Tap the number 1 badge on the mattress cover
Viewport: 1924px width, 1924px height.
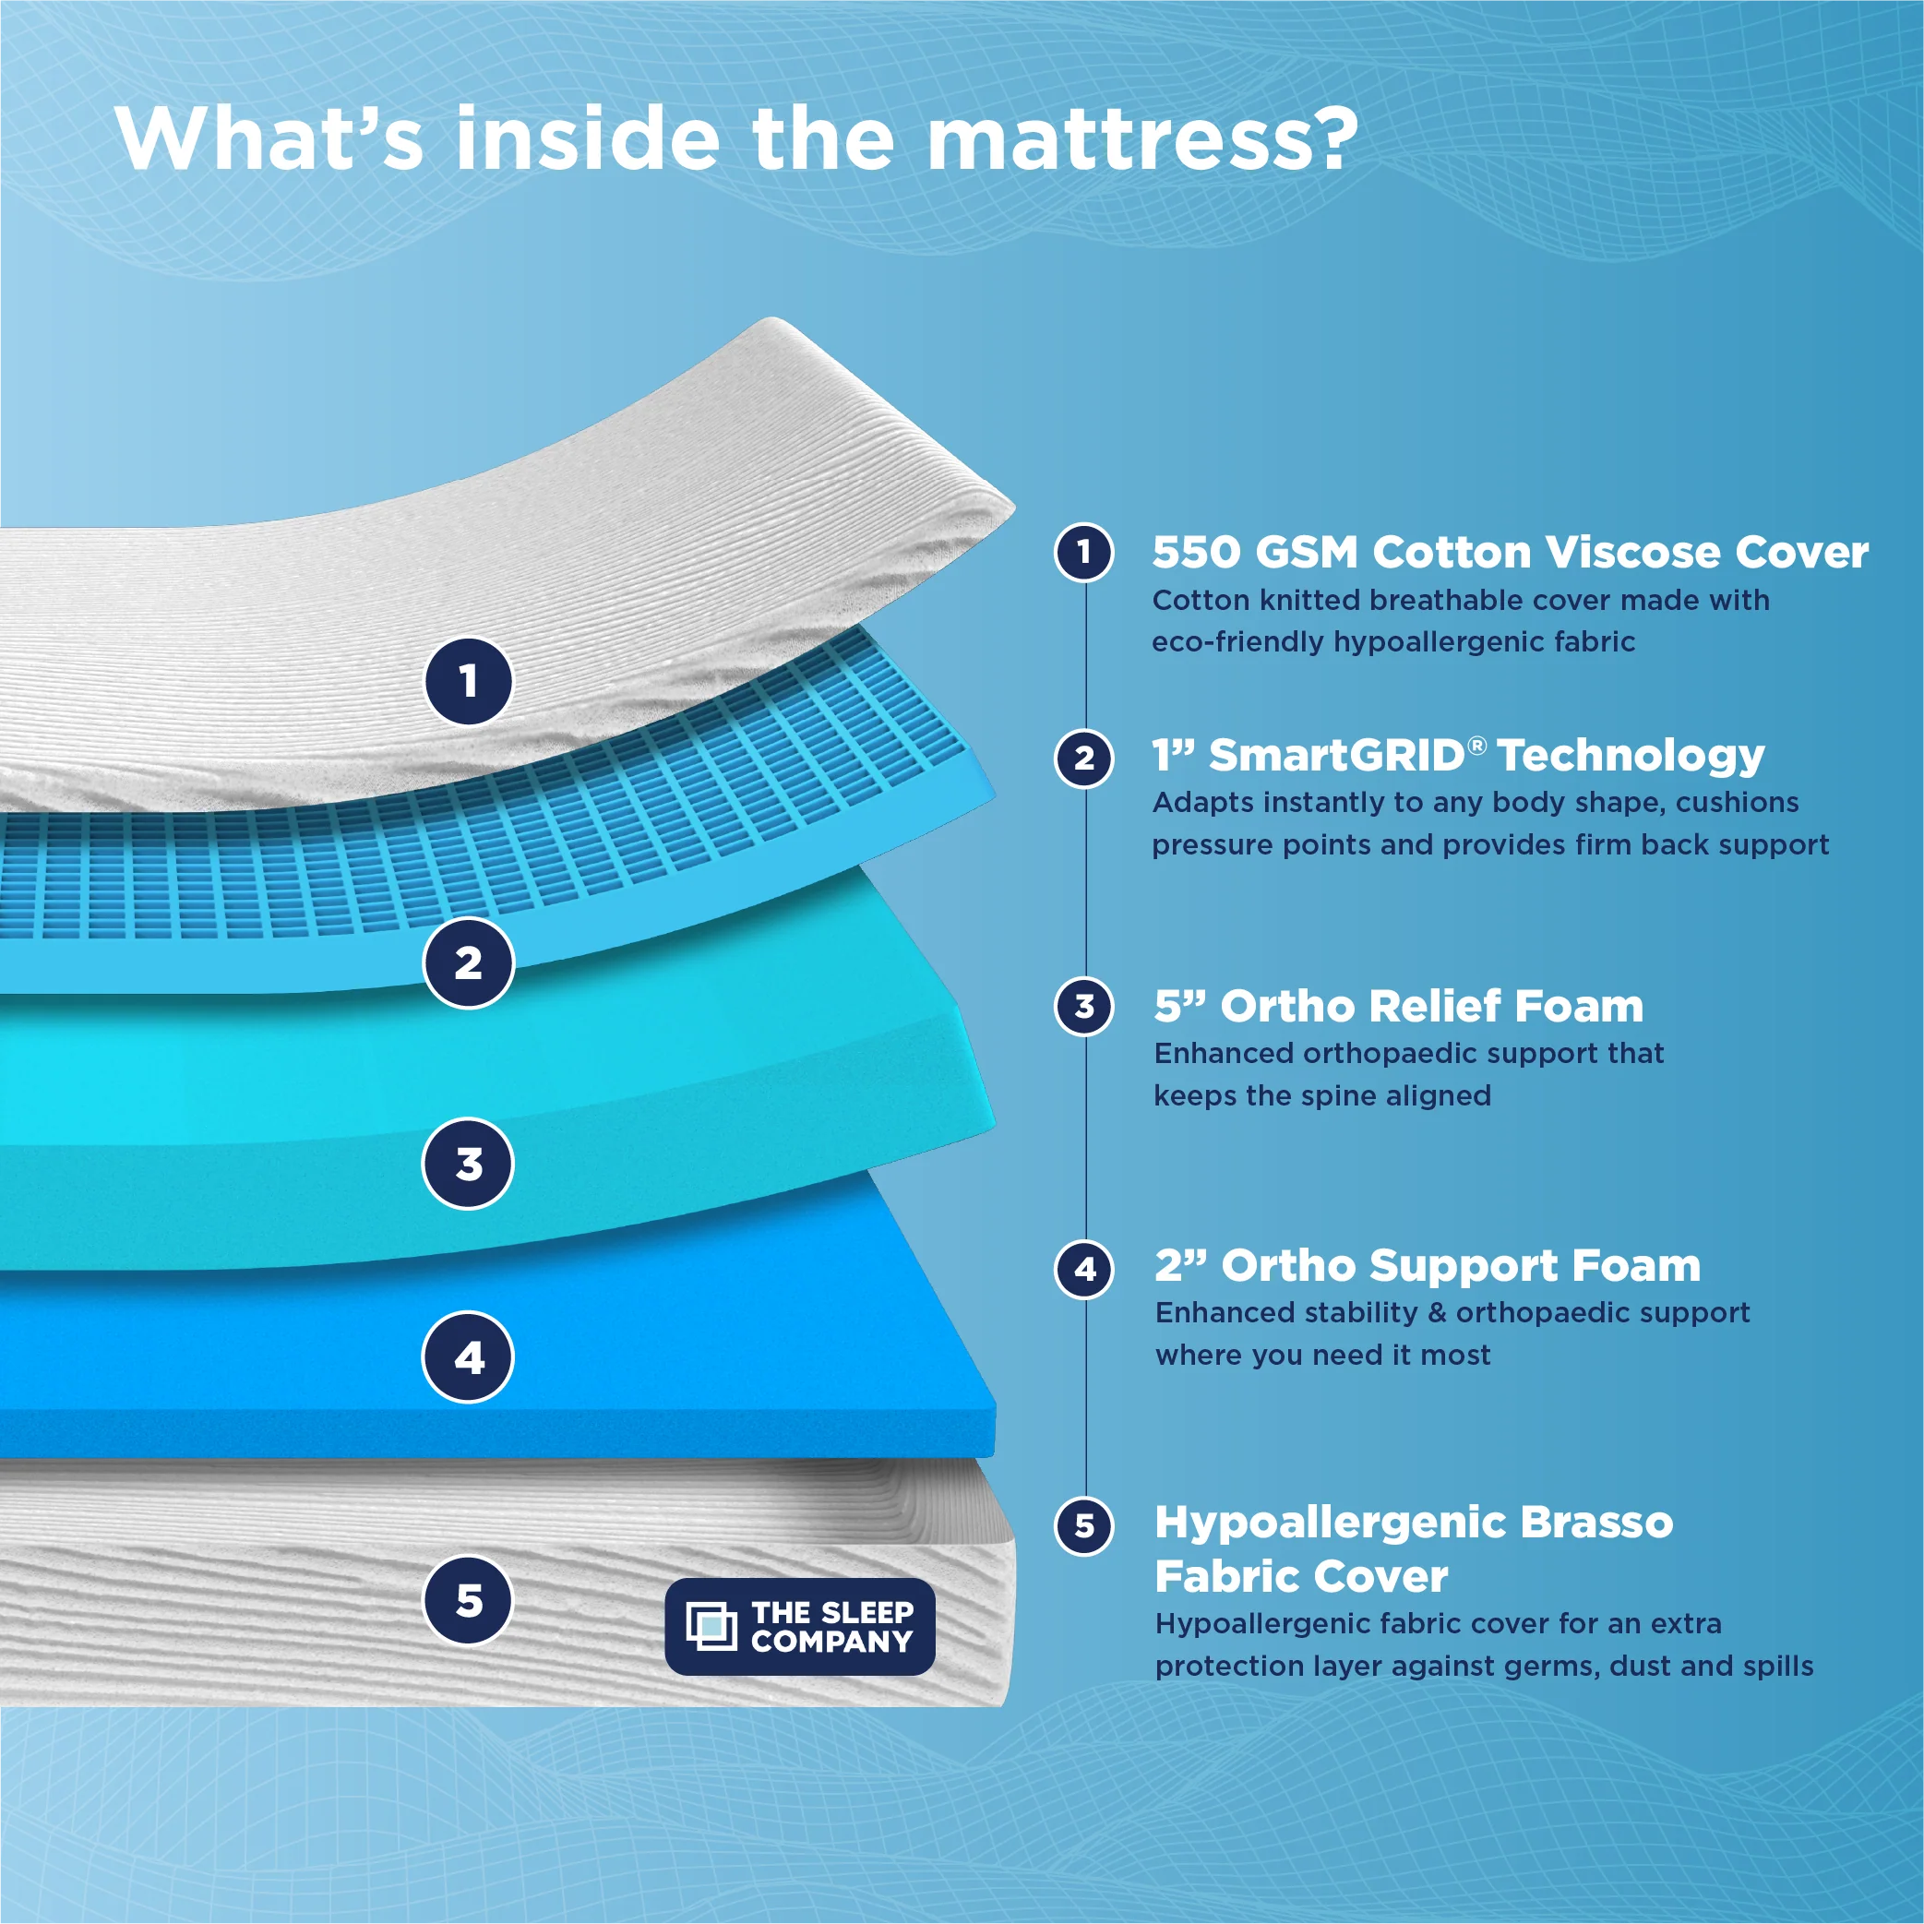click(x=468, y=681)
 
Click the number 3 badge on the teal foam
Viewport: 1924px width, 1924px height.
click(x=468, y=1163)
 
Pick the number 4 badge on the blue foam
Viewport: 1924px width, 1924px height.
click(x=468, y=1357)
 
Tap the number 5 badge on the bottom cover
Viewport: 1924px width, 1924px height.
click(x=468, y=1600)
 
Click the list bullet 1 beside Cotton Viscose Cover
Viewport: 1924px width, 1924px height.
click(x=1084, y=552)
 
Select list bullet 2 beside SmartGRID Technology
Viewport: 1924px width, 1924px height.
click(x=1084, y=759)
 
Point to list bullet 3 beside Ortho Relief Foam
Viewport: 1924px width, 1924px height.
click(x=1084, y=1007)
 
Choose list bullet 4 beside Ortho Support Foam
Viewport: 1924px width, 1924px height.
click(x=1084, y=1269)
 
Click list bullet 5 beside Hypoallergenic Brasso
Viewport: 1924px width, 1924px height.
click(x=1084, y=1525)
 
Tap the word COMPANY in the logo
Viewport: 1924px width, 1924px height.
click(x=831, y=1642)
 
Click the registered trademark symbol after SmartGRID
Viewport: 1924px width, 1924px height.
click(x=1478, y=745)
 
